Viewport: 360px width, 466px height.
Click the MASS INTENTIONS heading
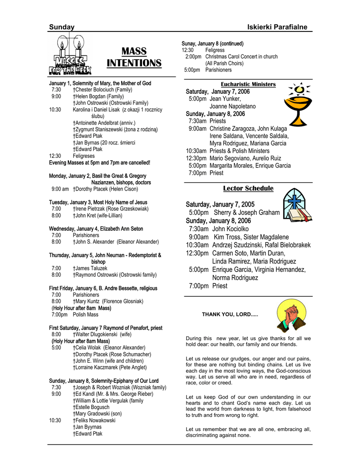pos(134,57)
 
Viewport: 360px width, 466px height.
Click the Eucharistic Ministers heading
pos(248,84)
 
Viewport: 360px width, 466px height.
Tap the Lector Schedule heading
pos(248,188)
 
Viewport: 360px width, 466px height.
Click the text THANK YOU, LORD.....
pos(230,314)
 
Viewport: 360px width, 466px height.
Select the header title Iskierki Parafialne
pos(277,27)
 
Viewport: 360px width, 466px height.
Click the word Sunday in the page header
pos(62,27)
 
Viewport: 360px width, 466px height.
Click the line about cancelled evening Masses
pos(100,162)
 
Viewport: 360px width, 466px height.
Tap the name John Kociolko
pos(230,229)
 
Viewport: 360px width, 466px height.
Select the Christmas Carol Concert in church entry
pos(241,57)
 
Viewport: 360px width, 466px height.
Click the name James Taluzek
pos(91,268)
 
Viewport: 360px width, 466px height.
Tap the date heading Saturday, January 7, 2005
pos(220,204)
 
